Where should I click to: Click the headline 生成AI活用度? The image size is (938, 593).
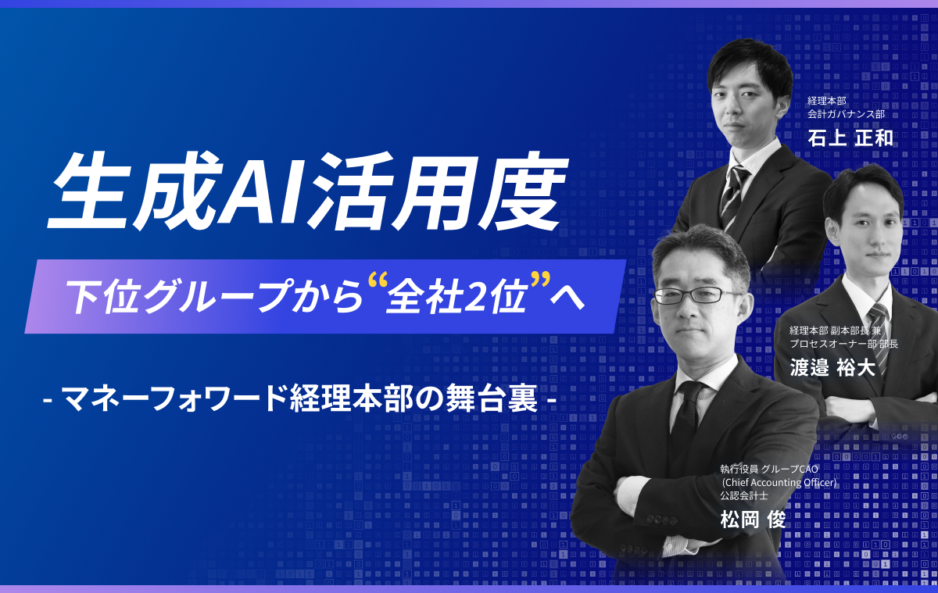click(308, 192)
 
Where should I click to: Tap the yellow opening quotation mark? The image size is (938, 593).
click(376, 282)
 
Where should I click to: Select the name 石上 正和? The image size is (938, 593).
click(850, 138)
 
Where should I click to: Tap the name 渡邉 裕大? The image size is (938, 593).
click(832, 368)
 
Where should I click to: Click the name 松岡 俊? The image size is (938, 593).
click(753, 520)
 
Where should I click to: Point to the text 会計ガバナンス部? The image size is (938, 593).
click(846, 114)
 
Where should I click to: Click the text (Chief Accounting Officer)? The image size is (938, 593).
click(779, 483)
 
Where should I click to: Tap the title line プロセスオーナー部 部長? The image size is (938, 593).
click(843, 344)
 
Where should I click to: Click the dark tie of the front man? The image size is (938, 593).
click(687, 419)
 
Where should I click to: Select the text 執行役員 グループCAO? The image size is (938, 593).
click(769, 469)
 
